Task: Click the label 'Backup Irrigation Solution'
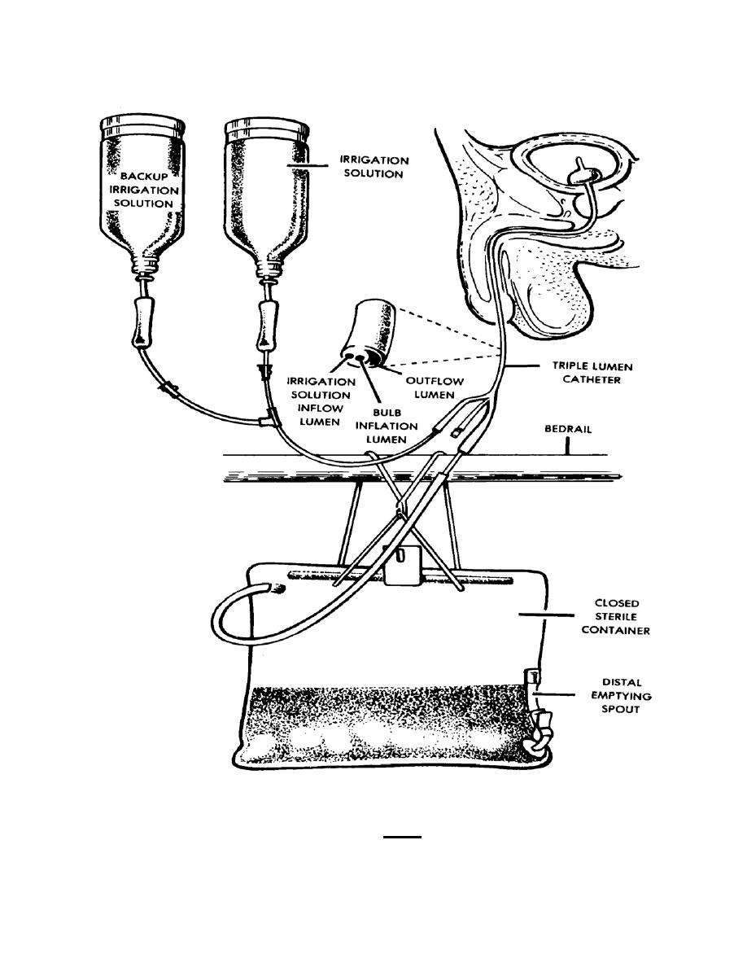143,190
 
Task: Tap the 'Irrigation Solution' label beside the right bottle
374,167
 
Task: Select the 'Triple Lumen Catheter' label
592,373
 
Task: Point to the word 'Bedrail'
568,429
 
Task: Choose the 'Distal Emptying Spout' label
621,696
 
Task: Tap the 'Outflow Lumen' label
435,388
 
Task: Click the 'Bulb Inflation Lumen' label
387,427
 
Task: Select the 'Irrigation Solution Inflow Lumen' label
321,401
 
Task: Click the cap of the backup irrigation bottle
143,126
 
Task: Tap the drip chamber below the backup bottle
145,322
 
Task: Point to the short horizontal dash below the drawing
402,837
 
